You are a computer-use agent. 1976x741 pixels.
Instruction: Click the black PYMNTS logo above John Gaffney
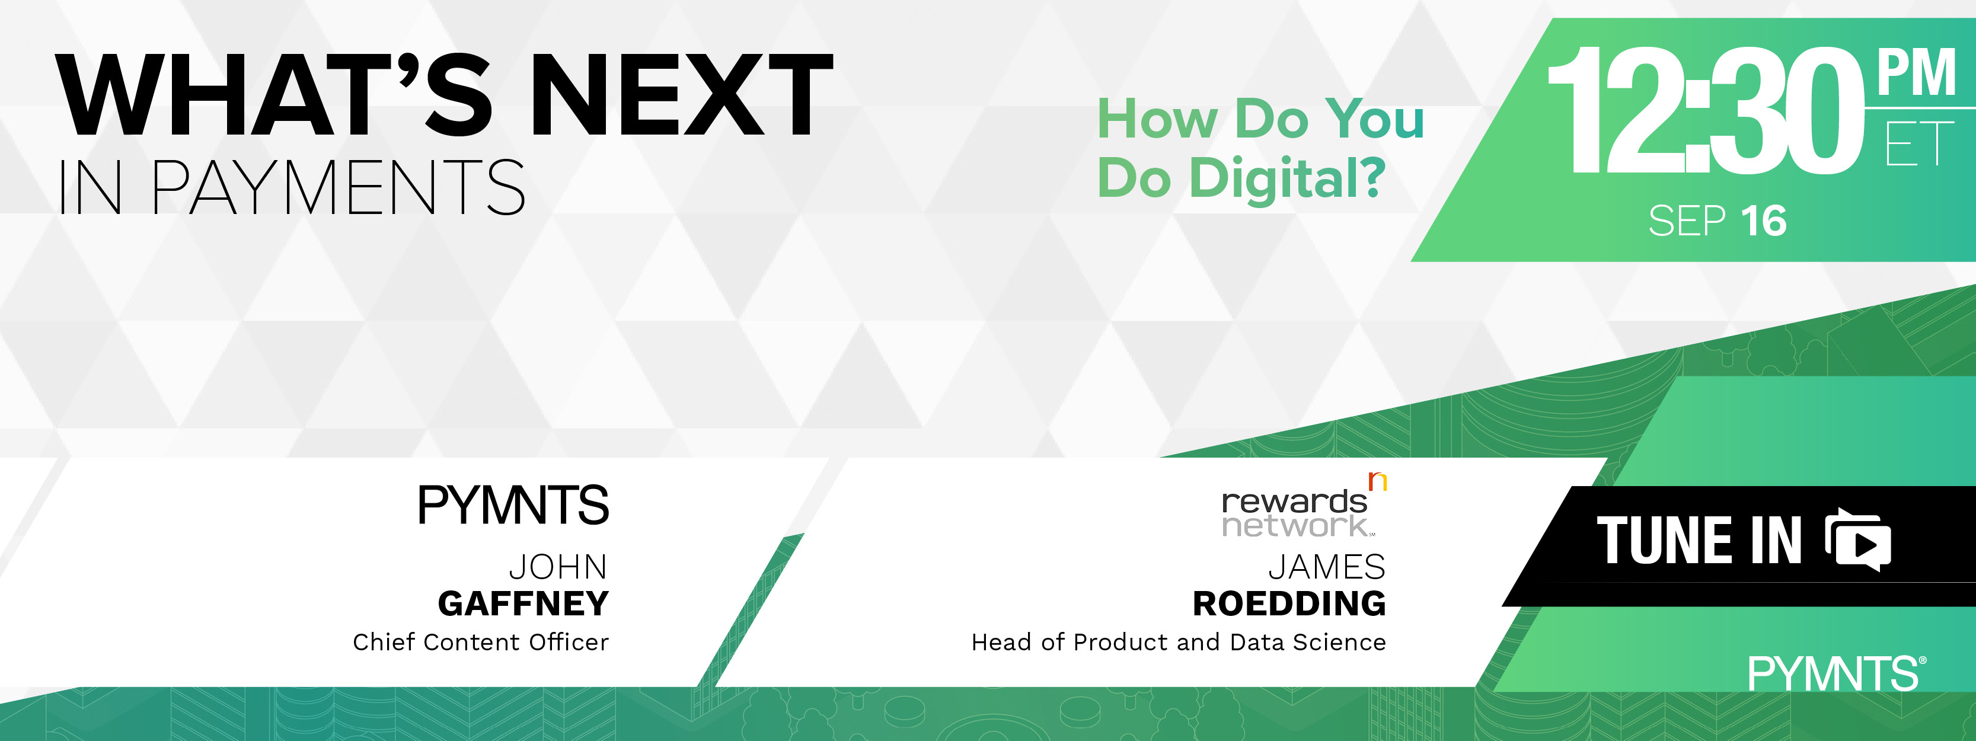click(513, 504)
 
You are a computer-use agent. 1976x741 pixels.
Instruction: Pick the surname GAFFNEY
click(523, 603)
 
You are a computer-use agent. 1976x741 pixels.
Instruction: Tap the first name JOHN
click(558, 567)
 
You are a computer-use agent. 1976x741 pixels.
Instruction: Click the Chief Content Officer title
click(481, 641)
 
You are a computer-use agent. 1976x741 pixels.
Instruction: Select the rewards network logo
click(1304, 506)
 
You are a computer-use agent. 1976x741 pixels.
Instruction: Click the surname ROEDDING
click(1289, 603)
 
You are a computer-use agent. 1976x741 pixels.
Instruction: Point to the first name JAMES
click(1327, 567)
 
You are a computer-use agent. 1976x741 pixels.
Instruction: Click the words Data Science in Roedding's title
click(1308, 641)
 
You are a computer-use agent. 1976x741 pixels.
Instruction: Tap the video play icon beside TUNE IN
click(1858, 540)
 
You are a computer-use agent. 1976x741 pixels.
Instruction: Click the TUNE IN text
click(1699, 540)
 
